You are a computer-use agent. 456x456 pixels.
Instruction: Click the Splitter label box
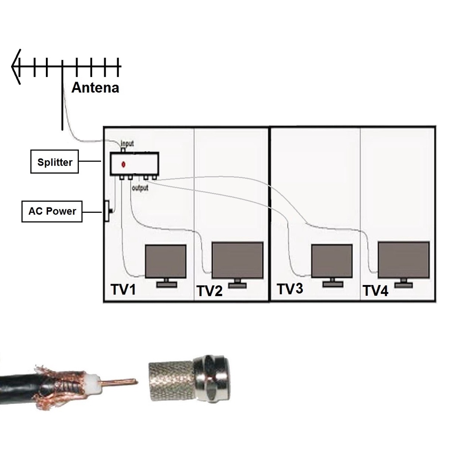[54, 162]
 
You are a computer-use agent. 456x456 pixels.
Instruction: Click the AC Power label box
[52, 211]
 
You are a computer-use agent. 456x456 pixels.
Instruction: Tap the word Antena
[95, 88]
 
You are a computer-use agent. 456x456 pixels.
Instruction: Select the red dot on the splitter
[123, 164]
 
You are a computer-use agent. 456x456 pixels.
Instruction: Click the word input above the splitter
[127, 144]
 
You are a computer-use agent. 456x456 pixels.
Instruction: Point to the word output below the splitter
[140, 188]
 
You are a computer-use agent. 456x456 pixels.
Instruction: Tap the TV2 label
[209, 291]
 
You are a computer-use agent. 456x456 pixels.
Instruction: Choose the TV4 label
[375, 291]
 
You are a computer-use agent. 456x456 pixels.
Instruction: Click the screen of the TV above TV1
[166, 261]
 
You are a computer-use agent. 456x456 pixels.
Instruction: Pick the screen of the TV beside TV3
[332, 261]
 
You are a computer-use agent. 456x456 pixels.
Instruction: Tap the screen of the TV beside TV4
[403, 260]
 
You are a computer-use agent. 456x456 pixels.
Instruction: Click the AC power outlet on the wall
[107, 211]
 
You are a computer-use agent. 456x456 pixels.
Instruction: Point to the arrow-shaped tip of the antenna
[16, 66]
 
